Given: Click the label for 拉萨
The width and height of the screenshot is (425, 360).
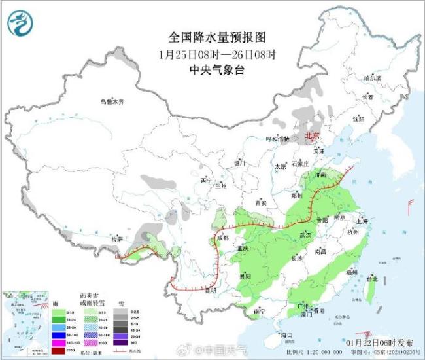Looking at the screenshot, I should point(117,239).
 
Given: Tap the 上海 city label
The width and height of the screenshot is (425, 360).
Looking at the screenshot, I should point(364,221).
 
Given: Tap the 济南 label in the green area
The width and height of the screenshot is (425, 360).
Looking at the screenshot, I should point(320,175).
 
